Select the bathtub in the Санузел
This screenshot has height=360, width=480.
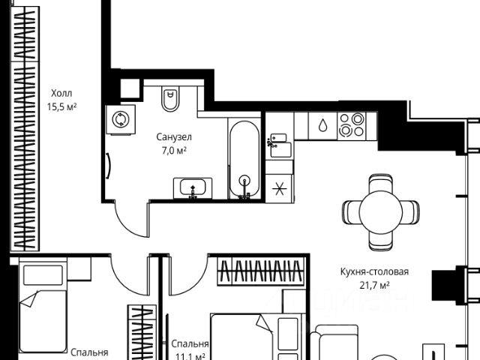pos(244,159)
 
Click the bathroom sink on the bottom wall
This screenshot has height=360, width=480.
pos(193,187)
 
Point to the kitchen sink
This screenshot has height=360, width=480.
pos(278,142)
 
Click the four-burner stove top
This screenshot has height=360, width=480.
pos(351,124)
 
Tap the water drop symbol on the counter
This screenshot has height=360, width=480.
pos(322,125)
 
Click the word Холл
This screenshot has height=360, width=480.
pos(63,93)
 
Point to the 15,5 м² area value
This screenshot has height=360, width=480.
pos(63,106)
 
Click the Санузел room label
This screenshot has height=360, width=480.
pos(174,137)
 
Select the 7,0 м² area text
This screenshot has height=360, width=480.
pos(173,151)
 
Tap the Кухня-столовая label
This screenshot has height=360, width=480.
pos(373,272)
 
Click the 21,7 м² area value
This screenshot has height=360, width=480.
pos(373,286)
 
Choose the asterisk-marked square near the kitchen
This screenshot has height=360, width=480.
pos(280,187)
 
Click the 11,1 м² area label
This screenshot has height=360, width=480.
pos(189,355)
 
